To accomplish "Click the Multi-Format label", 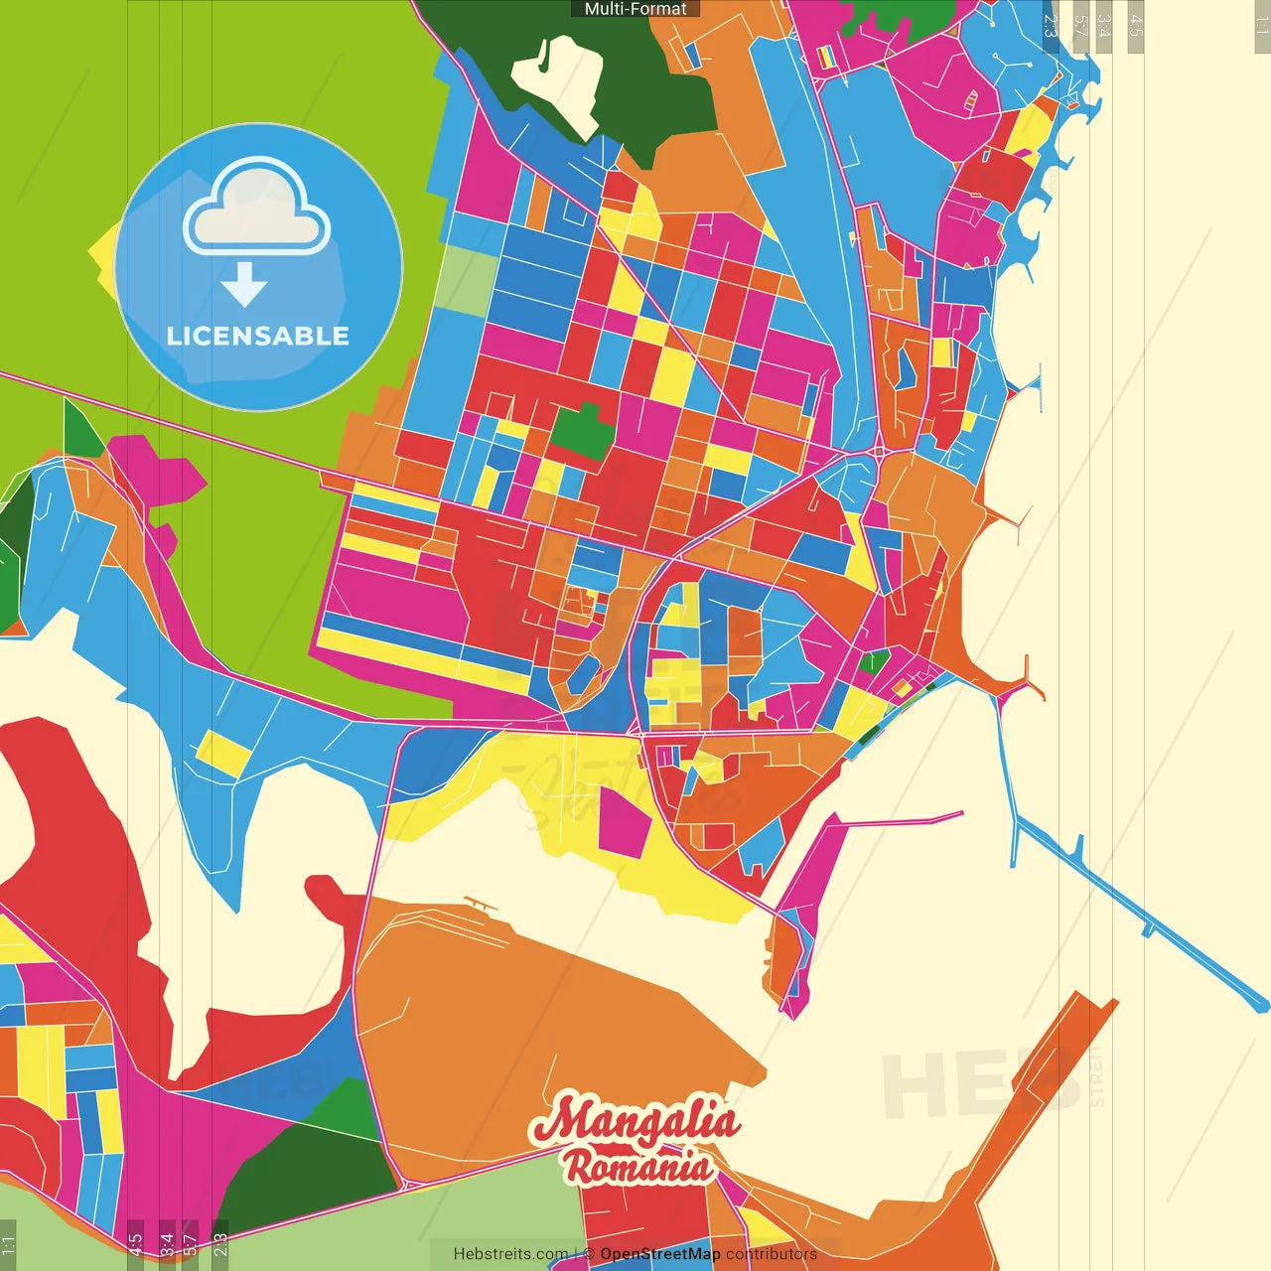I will [635, 9].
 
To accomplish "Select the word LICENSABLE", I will [258, 336].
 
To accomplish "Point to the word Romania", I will [637, 1166].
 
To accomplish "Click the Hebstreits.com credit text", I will [510, 1254].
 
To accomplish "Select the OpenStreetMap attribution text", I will [659, 1254].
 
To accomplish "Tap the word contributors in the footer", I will [772, 1254].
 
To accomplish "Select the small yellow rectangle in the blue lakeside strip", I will [223, 753].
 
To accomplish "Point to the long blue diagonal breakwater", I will [1142, 914].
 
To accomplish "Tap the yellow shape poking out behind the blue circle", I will [102, 254].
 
